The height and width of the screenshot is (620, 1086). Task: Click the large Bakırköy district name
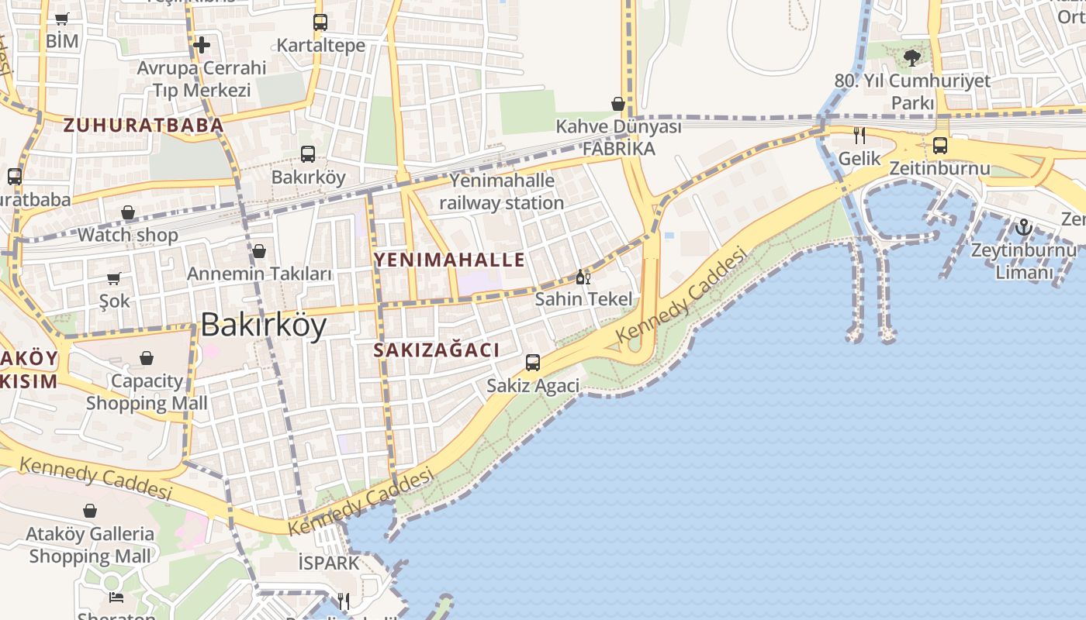tap(263, 325)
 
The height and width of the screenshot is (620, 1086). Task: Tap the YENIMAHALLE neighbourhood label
tap(450, 260)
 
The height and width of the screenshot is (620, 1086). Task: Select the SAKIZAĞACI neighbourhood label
tap(437, 350)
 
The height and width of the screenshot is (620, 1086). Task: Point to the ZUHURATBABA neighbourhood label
tap(144, 125)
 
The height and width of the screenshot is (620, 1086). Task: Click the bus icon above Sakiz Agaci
tap(533, 363)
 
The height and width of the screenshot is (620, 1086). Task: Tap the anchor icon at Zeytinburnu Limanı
tap(1024, 228)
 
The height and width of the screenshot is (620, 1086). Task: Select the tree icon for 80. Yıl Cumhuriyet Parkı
tap(912, 57)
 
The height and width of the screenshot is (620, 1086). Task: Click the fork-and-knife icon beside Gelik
tap(859, 136)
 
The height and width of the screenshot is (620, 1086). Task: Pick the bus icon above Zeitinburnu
tap(940, 145)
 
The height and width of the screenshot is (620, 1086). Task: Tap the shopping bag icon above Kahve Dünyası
tap(618, 104)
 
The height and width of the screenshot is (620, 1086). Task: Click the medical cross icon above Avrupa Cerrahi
tap(202, 45)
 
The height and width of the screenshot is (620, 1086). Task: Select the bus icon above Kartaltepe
tap(320, 22)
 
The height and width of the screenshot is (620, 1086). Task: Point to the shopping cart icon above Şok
tap(114, 278)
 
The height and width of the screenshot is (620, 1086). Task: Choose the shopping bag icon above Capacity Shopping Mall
tap(147, 358)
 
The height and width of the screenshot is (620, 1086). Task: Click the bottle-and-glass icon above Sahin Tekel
tap(583, 277)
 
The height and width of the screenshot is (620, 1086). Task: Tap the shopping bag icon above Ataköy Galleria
tap(90, 511)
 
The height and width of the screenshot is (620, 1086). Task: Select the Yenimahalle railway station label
tap(502, 192)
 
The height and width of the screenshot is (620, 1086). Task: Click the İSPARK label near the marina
tap(330, 563)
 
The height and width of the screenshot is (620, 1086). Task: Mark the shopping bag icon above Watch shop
tap(128, 212)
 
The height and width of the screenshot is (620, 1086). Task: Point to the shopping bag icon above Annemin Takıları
tap(259, 251)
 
